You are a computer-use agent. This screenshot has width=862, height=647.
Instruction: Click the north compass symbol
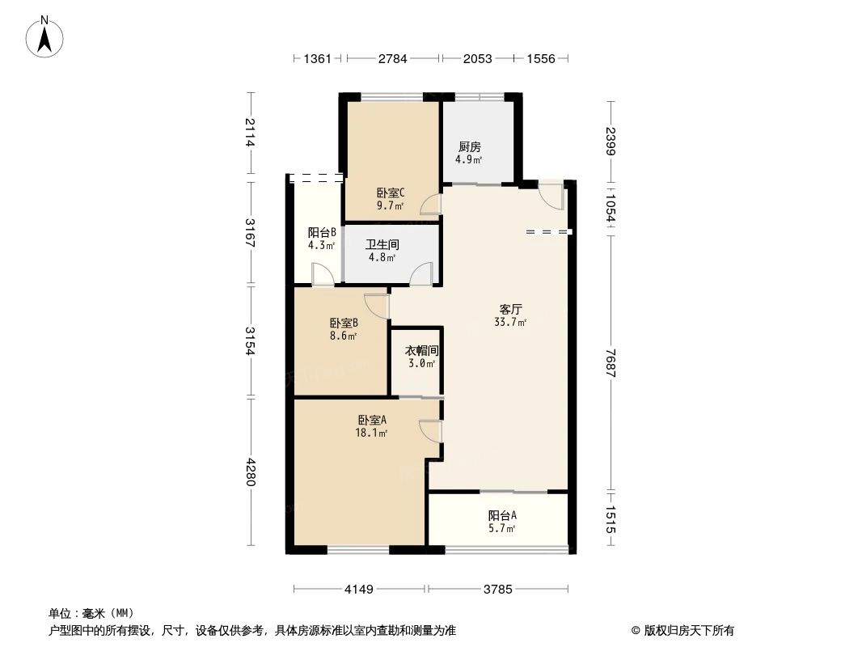(x=46, y=36)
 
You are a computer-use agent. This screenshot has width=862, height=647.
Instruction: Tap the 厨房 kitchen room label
(x=470, y=147)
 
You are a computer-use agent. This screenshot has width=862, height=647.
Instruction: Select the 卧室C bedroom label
(x=391, y=193)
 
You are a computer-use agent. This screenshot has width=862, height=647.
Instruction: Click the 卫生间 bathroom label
(x=382, y=244)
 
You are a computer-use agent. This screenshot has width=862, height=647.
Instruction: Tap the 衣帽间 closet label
(x=421, y=351)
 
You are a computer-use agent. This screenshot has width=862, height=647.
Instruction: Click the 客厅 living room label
(x=510, y=309)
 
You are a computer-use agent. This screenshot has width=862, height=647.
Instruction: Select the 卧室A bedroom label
(x=372, y=420)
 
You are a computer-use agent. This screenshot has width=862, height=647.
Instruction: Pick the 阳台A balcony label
(x=501, y=515)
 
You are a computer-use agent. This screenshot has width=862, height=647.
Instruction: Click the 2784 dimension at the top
(x=393, y=59)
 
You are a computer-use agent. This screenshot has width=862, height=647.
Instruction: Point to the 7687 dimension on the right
(x=611, y=362)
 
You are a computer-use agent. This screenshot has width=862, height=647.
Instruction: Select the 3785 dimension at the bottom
(x=498, y=590)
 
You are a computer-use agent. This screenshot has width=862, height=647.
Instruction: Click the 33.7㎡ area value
(x=510, y=323)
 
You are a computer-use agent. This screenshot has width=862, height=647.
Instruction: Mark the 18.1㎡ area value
(x=372, y=433)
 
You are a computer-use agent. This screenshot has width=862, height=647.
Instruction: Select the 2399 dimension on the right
(x=611, y=142)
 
